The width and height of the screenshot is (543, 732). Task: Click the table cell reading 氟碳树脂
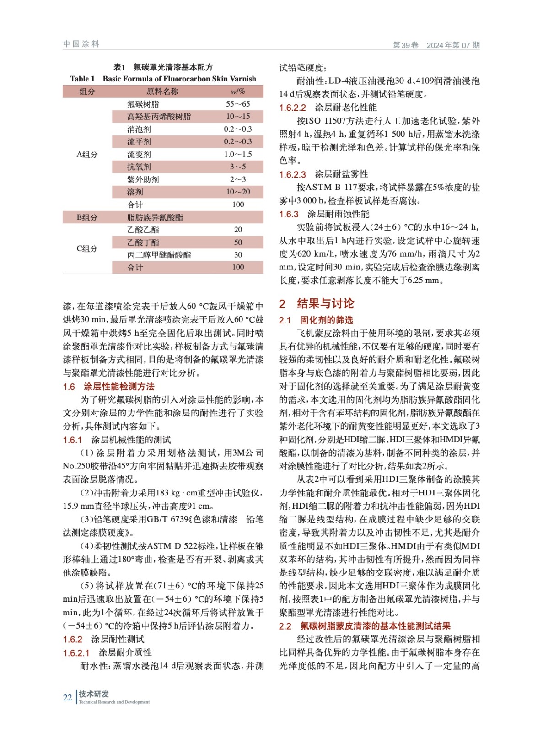coord(143,104)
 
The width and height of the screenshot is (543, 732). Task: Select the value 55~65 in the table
coord(238,104)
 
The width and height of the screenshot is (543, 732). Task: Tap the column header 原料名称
coord(162,91)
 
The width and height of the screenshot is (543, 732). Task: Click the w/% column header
coord(238,91)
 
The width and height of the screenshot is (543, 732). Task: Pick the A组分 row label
coord(87,155)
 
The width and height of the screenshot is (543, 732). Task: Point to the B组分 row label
coord(87,217)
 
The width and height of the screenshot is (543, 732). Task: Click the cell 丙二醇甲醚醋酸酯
coord(159,255)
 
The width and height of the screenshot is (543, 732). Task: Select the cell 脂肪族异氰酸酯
coord(155,217)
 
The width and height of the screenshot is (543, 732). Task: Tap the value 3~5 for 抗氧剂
coord(238,167)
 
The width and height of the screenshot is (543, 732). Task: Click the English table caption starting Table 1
coord(163,79)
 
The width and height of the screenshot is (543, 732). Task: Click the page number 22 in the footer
coord(67,698)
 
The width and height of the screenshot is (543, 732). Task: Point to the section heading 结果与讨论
coord(325,304)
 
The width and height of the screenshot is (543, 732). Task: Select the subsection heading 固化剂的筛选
coord(326,320)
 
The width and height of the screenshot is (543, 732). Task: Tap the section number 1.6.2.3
coord(292,174)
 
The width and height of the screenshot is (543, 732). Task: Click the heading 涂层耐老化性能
coord(346,108)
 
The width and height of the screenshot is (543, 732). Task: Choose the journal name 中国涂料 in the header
coord(81,44)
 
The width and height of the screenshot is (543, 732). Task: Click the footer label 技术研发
coord(94,694)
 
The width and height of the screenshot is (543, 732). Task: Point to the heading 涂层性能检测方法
coord(119,387)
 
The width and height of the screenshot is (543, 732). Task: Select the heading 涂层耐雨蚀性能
coord(338,214)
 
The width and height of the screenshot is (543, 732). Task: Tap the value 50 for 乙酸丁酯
coord(238,242)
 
